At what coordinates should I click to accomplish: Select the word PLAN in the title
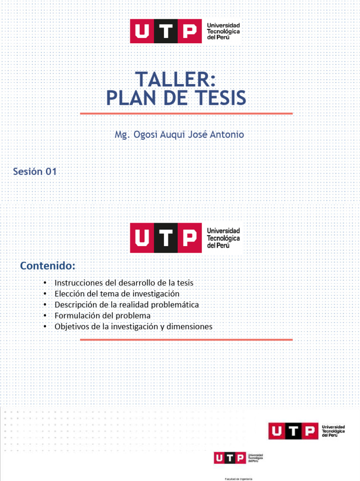pos(127,98)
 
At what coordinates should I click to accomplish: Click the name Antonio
pos(227,134)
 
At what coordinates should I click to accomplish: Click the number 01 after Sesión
pos(51,171)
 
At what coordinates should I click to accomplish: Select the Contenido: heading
pos(47,266)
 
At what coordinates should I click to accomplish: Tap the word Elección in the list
pos(68,294)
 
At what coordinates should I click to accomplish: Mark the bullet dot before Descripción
pos(44,304)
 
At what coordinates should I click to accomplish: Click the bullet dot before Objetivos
pos(44,326)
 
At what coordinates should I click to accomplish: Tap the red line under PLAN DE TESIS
pos(186,113)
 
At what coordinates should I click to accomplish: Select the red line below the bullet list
pos(186,339)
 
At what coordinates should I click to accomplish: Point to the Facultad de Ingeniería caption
pos(239,478)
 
